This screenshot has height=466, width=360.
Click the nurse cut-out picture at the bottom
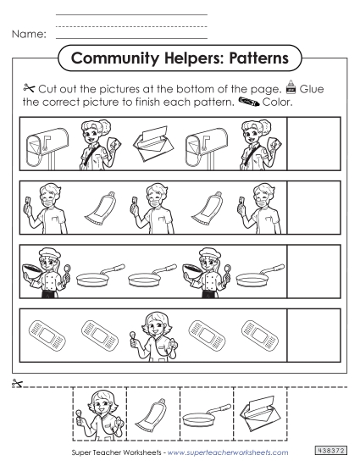(x=101, y=413)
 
